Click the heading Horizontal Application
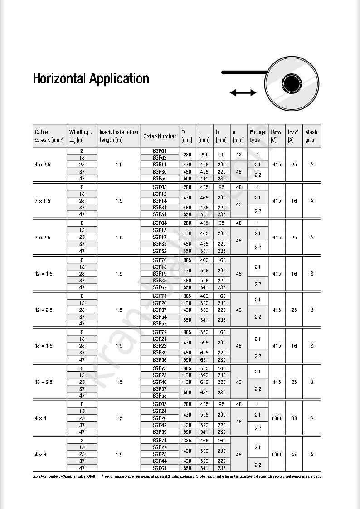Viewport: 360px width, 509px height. (91, 79)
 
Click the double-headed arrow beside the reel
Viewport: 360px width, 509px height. (243, 93)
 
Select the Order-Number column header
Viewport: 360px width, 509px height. (159, 136)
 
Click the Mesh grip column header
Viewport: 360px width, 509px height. (311, 136)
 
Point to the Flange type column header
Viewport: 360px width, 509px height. (257, 136)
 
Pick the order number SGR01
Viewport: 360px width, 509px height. (159, 150)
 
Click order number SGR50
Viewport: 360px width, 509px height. (159, 179)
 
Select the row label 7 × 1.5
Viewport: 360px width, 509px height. (43, 201)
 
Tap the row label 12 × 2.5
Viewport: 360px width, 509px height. (44, 310)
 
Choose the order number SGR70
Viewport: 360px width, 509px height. (159, 260)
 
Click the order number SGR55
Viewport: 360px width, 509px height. (159, 324)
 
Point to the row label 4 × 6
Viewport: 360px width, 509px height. (40, 454)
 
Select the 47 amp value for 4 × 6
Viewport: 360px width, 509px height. (294, 454)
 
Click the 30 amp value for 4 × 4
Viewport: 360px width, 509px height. (294, 418)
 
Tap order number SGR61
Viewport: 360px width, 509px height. (159, 468)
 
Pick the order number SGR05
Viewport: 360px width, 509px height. (159, 404)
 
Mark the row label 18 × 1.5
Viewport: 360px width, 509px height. (44, 346)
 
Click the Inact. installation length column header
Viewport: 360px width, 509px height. (119, 136)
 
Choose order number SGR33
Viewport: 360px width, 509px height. (159, 244)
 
